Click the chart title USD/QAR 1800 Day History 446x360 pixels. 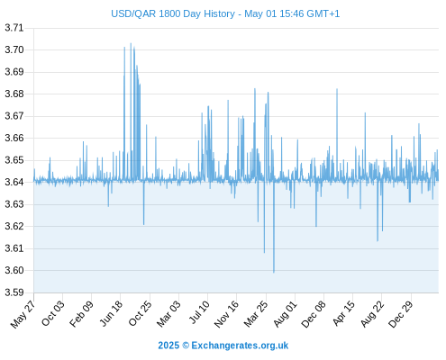point(173,13)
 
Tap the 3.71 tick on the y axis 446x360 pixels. point(14,28)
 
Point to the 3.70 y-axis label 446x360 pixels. point(14,49)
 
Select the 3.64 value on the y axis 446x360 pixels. point(14,182)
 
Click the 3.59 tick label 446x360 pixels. point(14,292)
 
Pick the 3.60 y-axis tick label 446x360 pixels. point(14,271)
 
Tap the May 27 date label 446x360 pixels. point(23,313)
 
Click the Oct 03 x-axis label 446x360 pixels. point(53,313)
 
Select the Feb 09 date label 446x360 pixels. point(82,313)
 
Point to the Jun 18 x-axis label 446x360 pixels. point(112,313)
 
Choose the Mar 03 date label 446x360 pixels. point(169,313)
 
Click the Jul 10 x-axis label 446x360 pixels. point(199,312)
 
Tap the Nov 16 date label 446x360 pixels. point(227,313)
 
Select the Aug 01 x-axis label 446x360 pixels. point(286,313)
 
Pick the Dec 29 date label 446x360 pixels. point(401,313)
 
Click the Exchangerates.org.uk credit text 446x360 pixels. point(240,346)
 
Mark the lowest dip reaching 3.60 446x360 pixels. point(274,272)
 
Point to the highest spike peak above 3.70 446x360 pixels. point(131,43)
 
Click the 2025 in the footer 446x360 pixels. point(168,346)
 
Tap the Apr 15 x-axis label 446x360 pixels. point(344,313)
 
